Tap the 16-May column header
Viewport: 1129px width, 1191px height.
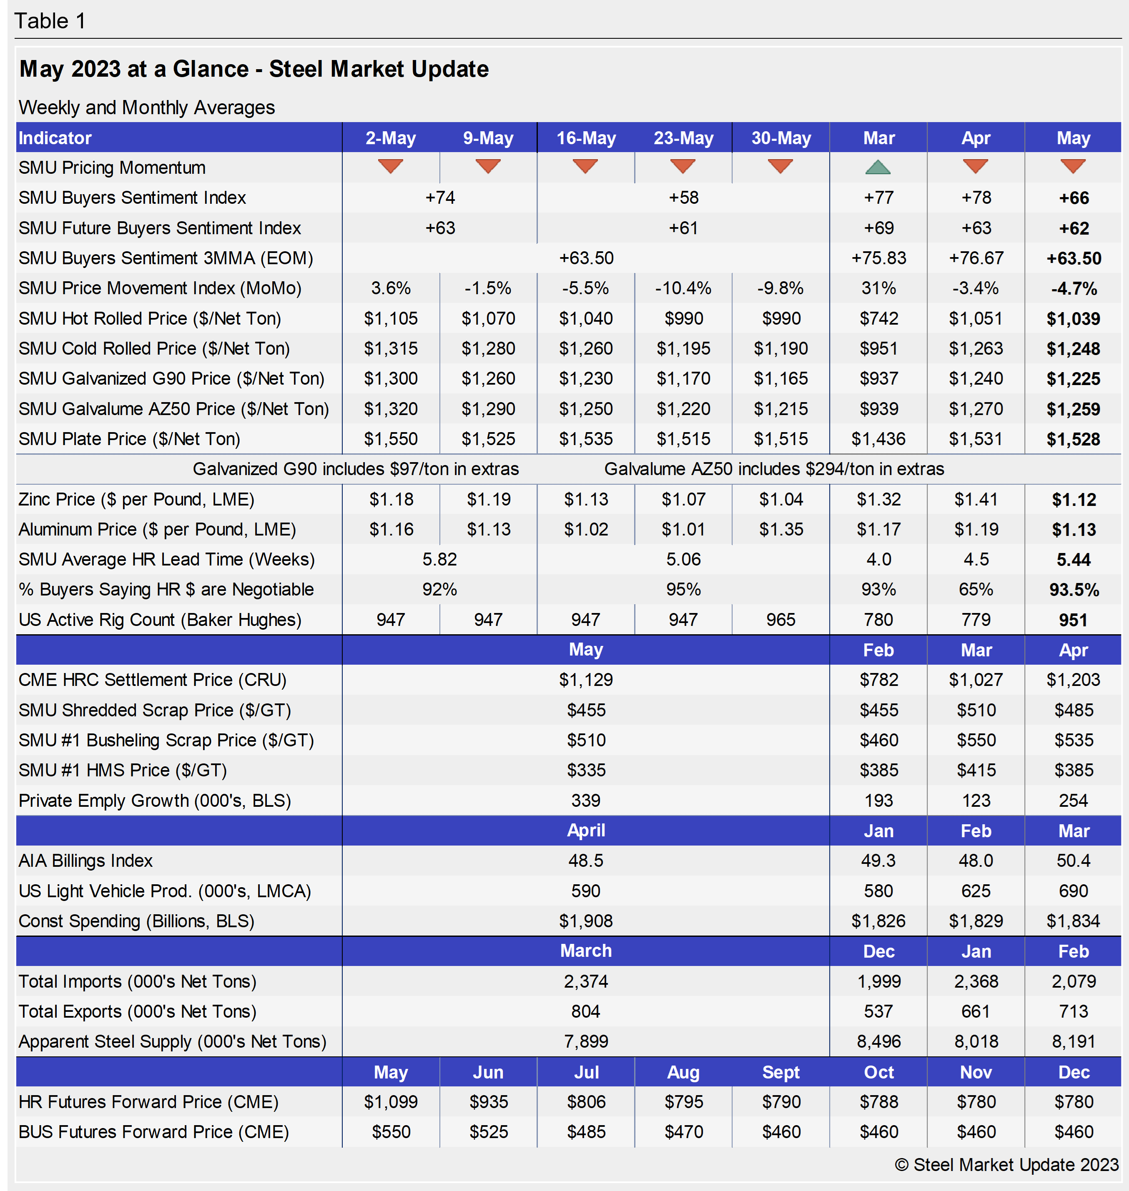(x=586, y=138)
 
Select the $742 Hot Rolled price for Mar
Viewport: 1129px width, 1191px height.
(x=879, y=318)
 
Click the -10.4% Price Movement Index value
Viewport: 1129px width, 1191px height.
(x=683, y=288)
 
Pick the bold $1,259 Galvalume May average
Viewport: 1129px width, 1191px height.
(x=1073, y=409)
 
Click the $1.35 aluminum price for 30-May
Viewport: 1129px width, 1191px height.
(x=780, y=529)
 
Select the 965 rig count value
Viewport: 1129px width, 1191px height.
(x=780, y=620)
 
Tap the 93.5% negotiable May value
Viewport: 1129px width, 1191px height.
(x=1074, y=590)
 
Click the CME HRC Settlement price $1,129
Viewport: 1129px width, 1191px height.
(x=586, y=680)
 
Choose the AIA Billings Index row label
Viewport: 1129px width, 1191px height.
(x=85, y=861)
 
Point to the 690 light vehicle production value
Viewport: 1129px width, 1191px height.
(x=1073, y=891)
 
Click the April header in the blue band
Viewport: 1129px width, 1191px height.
(x=586, y=830)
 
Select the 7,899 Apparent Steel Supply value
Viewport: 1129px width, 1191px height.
(x=586, y=1041)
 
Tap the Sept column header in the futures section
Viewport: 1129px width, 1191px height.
(x=780, y=1072)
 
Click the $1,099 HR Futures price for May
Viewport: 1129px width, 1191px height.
(x=391, y=1102)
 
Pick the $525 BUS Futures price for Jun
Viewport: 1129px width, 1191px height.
(x=488, y=1132)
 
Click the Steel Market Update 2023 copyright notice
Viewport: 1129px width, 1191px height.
(x=1006, y=1164)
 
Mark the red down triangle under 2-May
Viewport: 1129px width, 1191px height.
(x=391, y=166)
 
